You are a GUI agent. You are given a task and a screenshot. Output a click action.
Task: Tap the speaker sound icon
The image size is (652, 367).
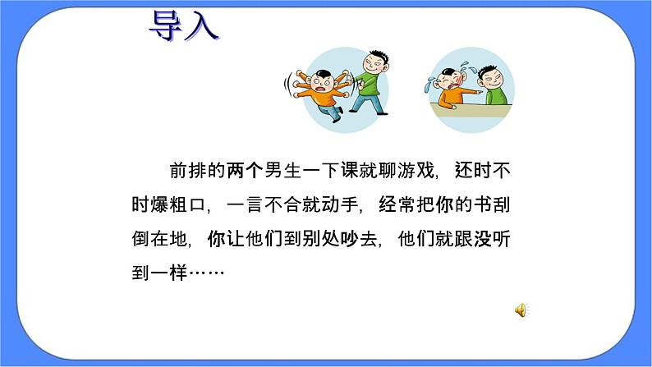tap(521, 310)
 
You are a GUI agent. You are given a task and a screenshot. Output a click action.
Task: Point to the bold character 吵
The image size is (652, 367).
tap(348, 238)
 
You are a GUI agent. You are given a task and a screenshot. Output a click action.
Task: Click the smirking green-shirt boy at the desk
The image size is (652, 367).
tap(490, 86)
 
